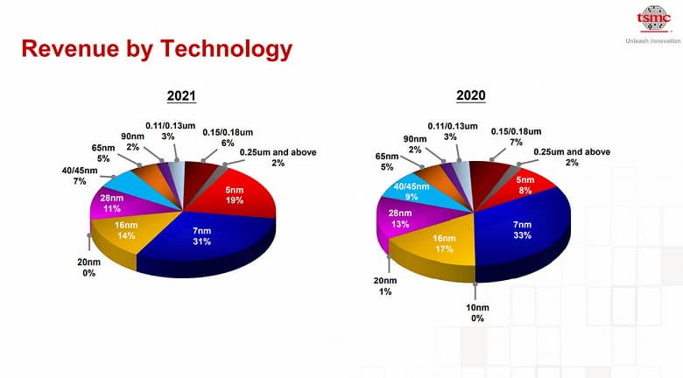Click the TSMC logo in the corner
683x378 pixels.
click(x=652, y=19)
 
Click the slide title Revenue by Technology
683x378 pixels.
click(x=156, y=49)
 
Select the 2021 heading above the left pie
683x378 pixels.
click(x=181, y=97)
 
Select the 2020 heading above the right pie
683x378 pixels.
click(x=470, y=95)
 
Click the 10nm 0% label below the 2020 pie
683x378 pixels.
click(x=475, y=312)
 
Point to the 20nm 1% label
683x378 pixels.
click(x=385, y=285)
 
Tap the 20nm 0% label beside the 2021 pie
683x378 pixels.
click(x=88, y=268)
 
